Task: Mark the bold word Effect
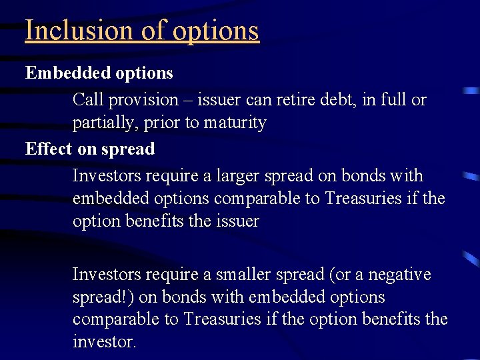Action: coord(49,149)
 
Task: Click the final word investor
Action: coord(104,343)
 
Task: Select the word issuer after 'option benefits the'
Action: coord(237,221)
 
